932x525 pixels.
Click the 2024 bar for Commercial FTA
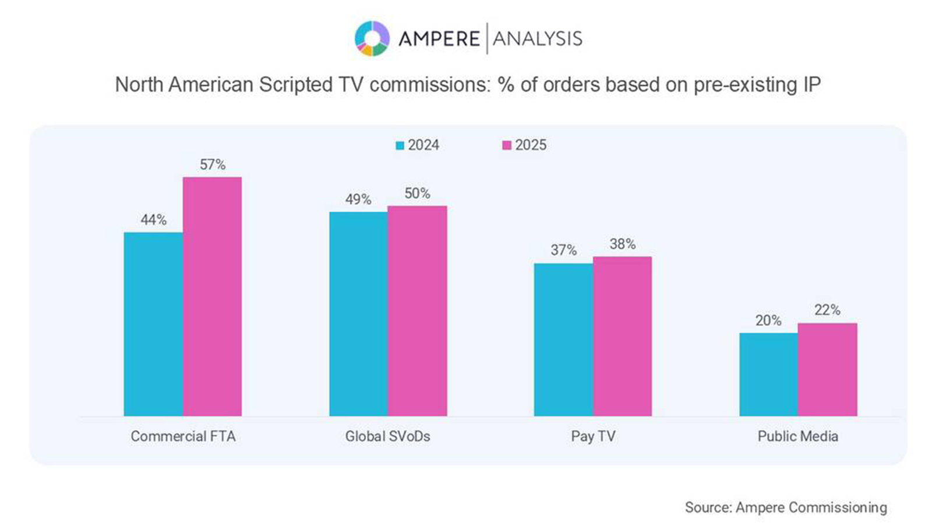(x=153, y=324)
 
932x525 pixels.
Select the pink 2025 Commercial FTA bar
(x=212, y=296)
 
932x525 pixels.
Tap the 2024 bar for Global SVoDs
(x=358, y=314)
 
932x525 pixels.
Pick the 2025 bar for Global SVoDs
(x=417, y=311)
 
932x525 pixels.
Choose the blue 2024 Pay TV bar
(x=563, y=339)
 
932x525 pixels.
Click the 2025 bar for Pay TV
(x=622, y=336)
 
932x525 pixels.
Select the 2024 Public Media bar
(x=768, y=374)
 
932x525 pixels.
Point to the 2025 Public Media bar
(x=827, y=369)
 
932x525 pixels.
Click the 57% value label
(x=213, y=165)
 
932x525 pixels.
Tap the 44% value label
(x=154, y=220)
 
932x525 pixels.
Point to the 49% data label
(x=358, y=199)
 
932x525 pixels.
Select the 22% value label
(x=827, y=310)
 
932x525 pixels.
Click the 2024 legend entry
(x=418, y=145)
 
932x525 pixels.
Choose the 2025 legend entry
(x=524, y=145)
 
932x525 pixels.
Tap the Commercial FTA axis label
(x=183, y=436)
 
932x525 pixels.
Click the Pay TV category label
(x=593, y=436)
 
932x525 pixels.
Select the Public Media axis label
(x=797, y=436)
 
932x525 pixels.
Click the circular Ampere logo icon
(x=372, y=38)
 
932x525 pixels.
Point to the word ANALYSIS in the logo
(x=537, y=38)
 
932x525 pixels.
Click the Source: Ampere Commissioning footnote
(x=786, y=508)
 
